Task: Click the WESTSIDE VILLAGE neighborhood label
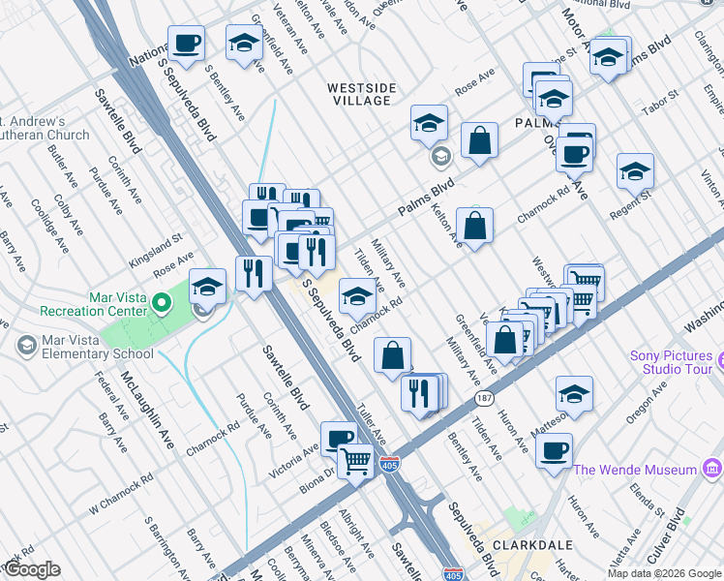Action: pyautogui.click(x=361, y=94)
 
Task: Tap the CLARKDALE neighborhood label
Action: pyautogui.click(x=523, y=545)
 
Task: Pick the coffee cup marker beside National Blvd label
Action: pyautogui.click(x=186, y=44)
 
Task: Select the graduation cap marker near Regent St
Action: pyautogui.click(x=635, y=171)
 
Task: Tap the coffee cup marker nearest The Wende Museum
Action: pyautogui.click(x=554, y=450)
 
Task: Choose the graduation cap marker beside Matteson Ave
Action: pyautogui.click(x=574, y=394)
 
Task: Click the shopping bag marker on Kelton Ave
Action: pyautogui.click(x=474, y=227)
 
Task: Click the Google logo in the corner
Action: pyautogui.click(x=31, y=569)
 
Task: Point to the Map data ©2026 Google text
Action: pyautogui.click(x=664, y=573)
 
